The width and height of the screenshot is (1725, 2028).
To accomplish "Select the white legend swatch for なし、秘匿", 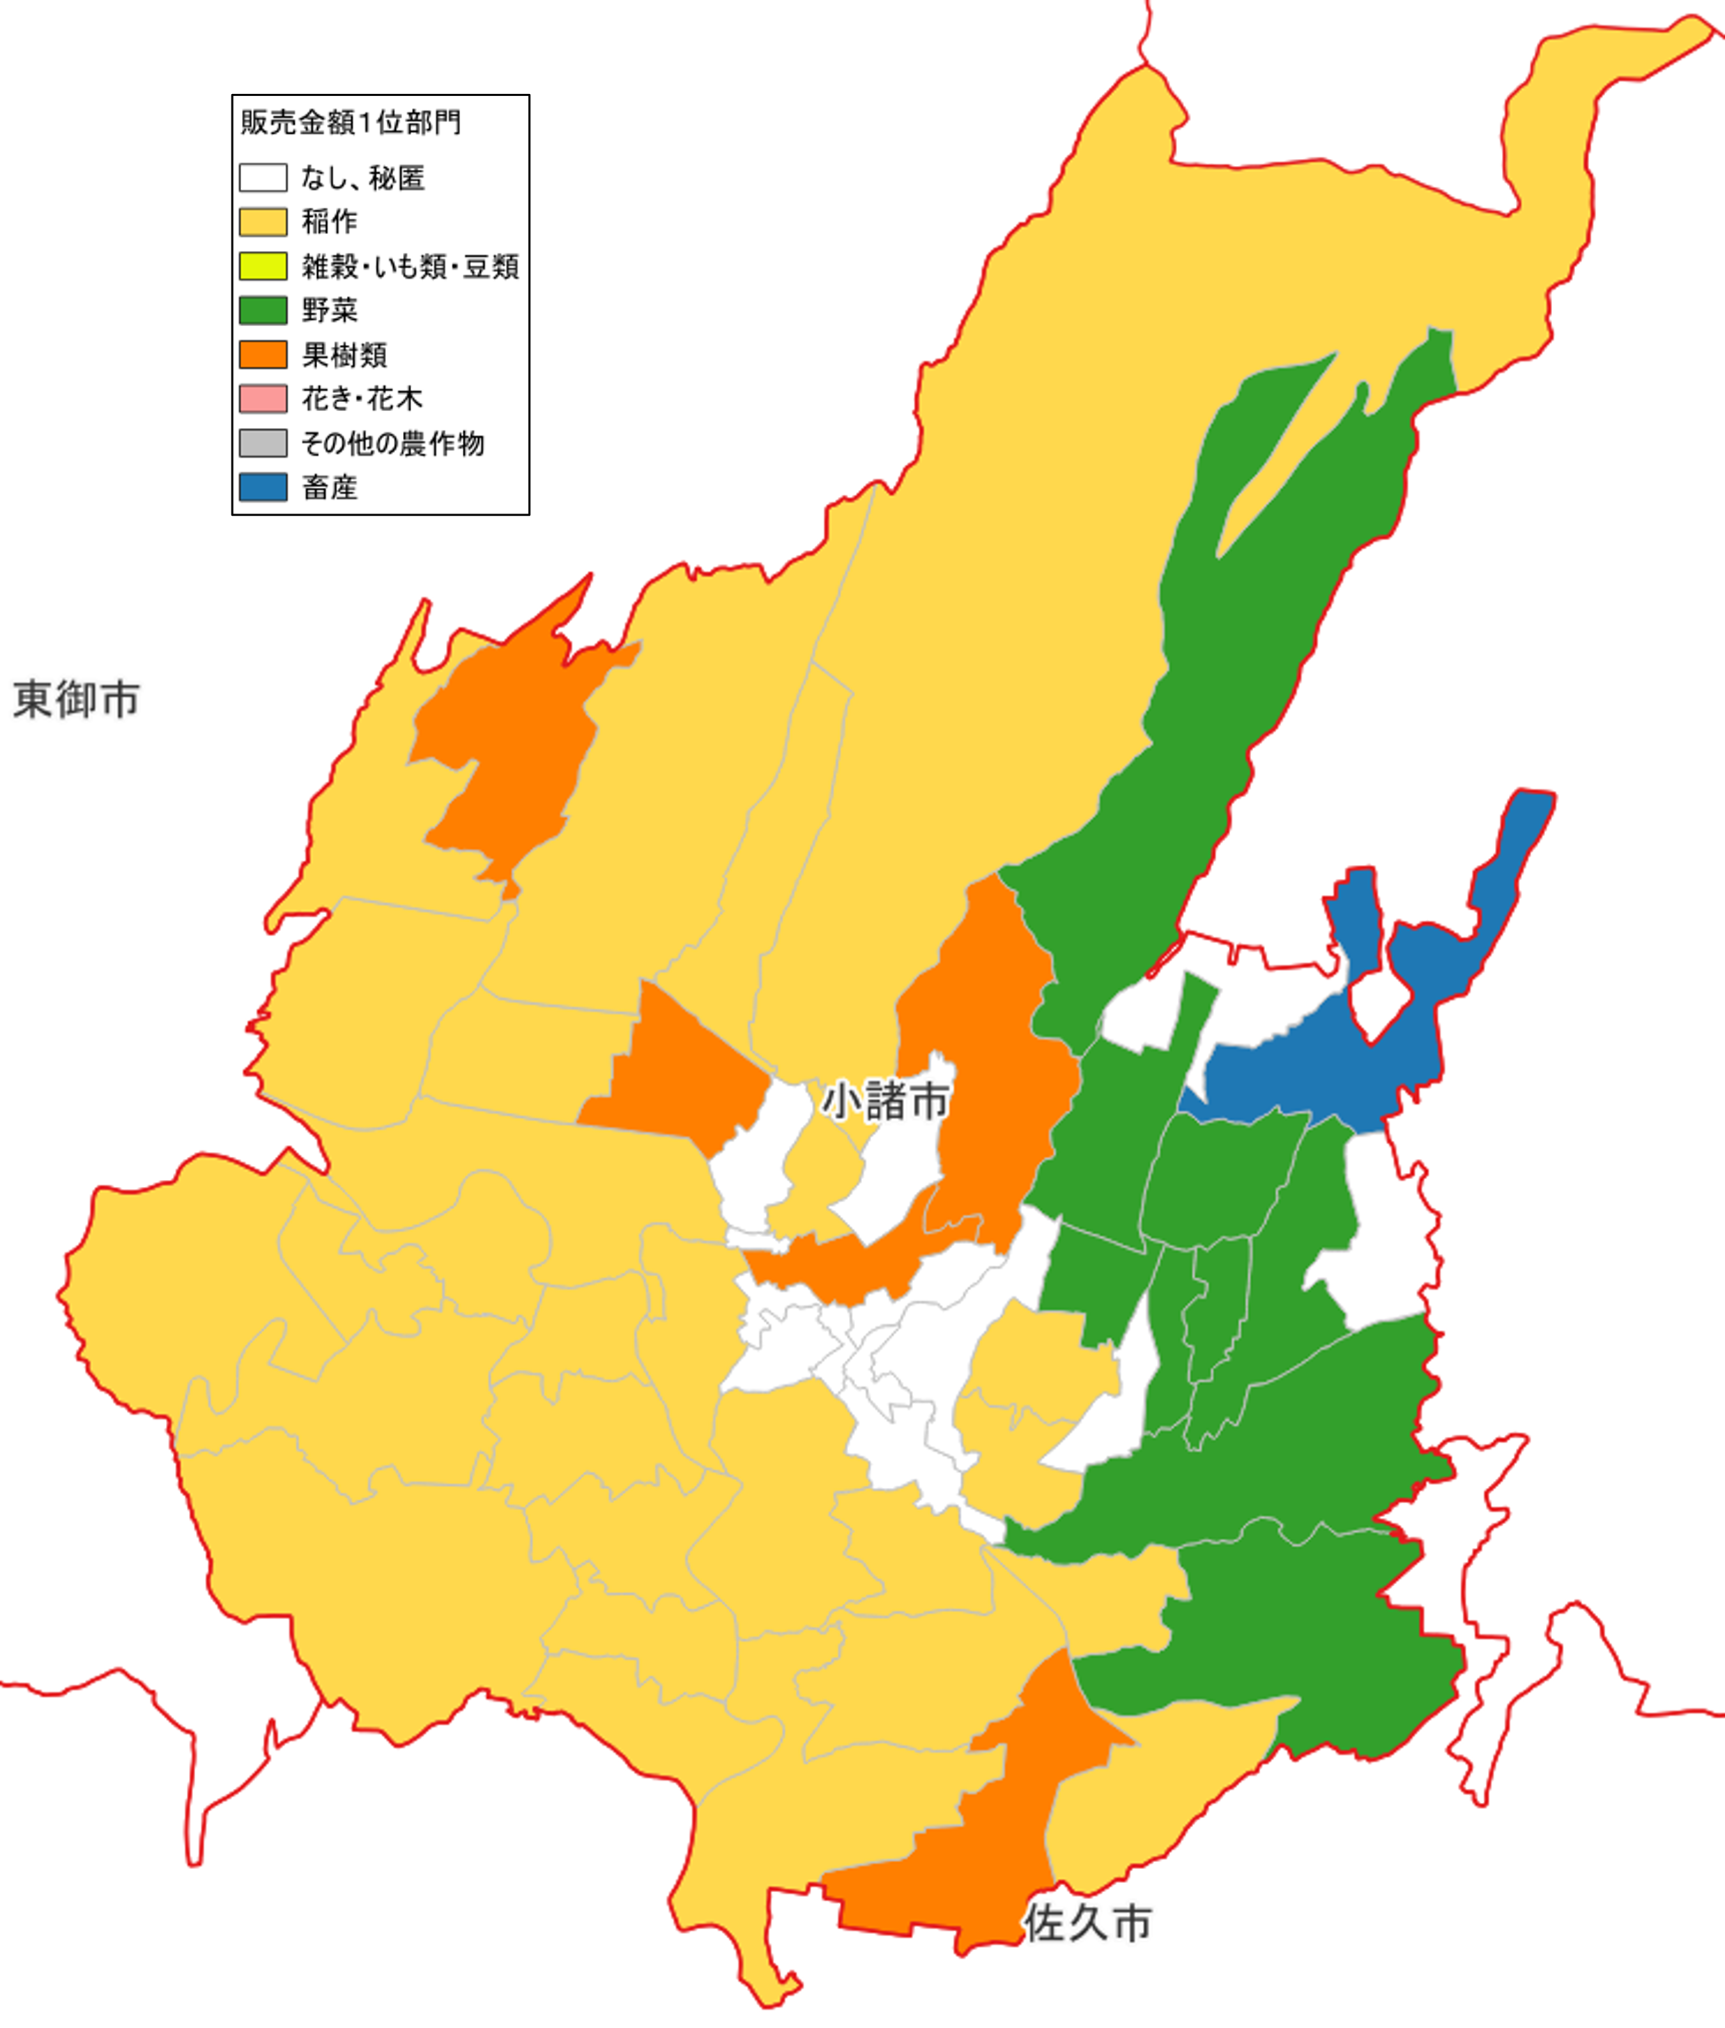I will [x=263, y=177].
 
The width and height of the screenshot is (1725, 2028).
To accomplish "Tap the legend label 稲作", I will [x=330, y=222].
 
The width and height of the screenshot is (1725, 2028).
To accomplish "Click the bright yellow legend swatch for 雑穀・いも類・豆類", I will [x=263, y=266].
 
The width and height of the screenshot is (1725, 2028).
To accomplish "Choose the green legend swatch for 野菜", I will [x=263, y=310].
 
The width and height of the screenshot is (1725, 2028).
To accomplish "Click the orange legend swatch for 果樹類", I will [x=263, y=354].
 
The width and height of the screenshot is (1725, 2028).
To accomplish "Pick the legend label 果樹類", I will [x=344, y=354].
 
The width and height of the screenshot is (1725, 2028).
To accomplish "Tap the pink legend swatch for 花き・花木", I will [x=263, y=398].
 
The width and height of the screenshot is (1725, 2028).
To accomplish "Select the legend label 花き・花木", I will [x=362, y=398].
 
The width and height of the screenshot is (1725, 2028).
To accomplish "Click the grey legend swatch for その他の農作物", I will [x=263, y=443].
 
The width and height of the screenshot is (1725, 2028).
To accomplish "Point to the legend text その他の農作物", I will [x=392, y=443].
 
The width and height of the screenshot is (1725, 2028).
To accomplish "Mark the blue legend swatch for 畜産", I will [x=263, y=487].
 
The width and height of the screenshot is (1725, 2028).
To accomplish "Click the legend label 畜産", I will [x=330, y=487].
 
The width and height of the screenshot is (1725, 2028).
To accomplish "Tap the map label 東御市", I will [x=76, y=700].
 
